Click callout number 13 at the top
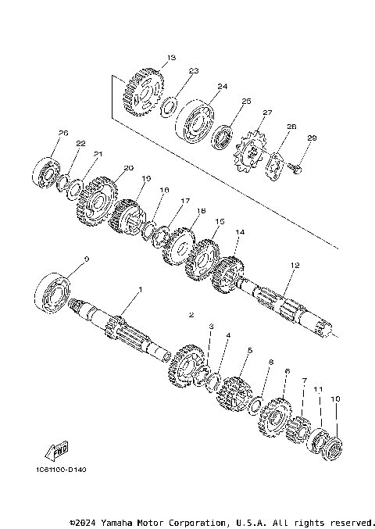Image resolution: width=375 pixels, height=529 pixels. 172,57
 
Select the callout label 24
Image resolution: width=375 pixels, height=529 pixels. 222,86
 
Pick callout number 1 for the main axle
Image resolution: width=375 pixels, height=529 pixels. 141,290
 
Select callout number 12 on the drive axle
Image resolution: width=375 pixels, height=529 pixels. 295,266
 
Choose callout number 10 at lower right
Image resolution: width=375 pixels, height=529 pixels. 336,399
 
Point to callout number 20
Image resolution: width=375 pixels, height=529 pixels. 128,167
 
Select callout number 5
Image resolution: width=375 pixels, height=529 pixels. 249,351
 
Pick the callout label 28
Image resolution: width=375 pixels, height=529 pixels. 291,127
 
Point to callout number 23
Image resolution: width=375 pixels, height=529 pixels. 194,71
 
